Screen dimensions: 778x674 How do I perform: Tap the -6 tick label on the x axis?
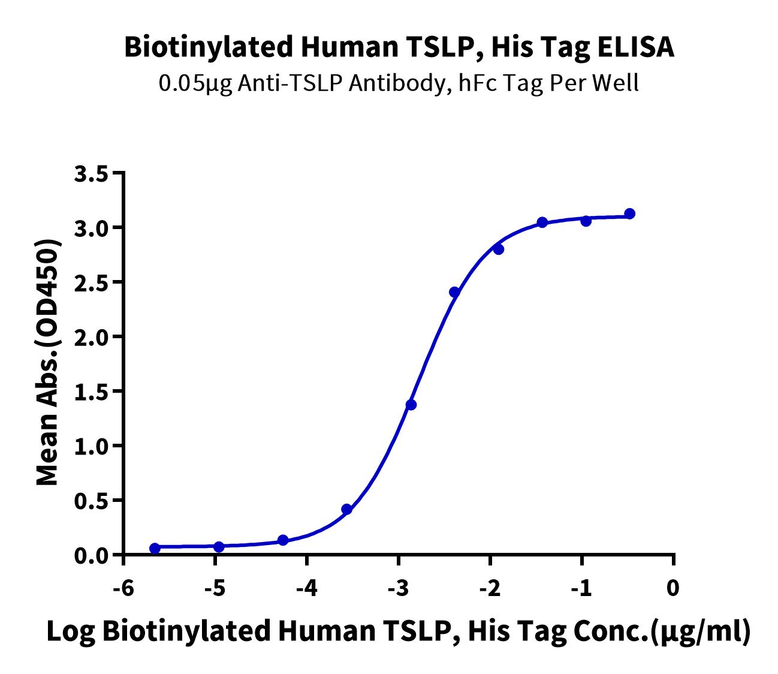123,588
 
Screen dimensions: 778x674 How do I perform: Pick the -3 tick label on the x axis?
398,588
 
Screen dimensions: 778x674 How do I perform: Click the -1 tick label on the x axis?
581,588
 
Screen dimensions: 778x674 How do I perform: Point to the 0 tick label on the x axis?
673,588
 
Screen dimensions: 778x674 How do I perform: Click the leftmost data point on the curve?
155,548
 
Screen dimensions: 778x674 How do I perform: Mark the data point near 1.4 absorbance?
411,405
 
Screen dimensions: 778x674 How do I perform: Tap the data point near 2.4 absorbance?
455,292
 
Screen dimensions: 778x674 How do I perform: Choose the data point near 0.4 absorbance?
346,510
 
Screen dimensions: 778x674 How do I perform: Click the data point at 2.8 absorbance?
499,249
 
